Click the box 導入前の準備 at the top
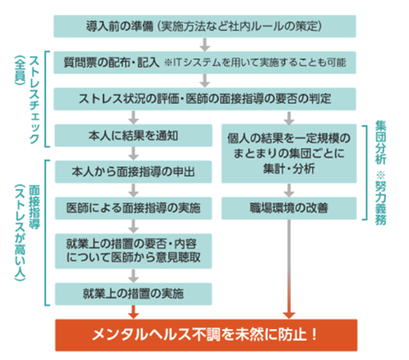coord(205,26)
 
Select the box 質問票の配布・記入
coord(205,62)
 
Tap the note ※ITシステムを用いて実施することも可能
coord(255,62)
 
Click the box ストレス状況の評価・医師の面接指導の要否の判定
coord(205,99)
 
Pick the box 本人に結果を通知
coord(134,136)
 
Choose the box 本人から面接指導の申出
coord(134,172)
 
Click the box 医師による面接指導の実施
coord(134,209)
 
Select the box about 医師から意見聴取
coord(134,251)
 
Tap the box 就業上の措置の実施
coord(134,294)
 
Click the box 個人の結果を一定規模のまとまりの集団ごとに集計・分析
coord(289,153)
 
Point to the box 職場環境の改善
coord(289,209)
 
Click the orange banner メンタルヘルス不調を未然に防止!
coord(206,335)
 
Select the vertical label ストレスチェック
coord(34,99)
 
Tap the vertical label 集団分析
coord(381,143)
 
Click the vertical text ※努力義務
coord(381,199)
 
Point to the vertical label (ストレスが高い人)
coord(20,232)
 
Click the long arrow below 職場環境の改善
coord(289,269)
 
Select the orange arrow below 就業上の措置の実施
coord(134,312)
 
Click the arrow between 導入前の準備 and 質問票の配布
coord(205,44)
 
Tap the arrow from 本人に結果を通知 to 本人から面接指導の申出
coord(134,153)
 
